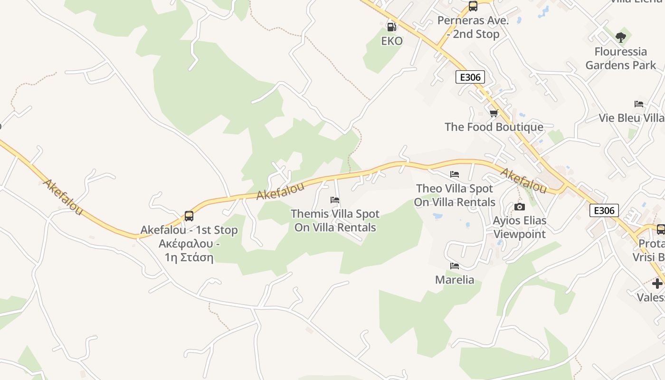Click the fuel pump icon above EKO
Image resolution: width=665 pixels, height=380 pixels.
[x=391, y=27]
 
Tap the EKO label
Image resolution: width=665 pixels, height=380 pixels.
[x=392, y=41]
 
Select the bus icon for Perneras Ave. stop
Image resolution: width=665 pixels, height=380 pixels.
[x=473, y=6]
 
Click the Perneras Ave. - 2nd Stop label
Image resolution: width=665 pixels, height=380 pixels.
[x=473, y=28]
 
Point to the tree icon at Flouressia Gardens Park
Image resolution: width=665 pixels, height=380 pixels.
[x=620, y=37]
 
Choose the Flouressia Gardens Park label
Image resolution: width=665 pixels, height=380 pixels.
[x=620, y=58]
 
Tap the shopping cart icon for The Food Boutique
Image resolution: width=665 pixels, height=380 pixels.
[x=494, y=113]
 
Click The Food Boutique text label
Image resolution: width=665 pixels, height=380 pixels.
[x=494, y=127]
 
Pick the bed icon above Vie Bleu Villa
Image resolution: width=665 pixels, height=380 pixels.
[x=639, y=104]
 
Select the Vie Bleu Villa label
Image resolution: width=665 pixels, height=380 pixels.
[x=631, y=118]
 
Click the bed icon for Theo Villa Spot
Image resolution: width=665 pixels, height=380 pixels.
[x=455, y=174]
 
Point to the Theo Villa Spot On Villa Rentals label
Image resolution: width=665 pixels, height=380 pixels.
[x=455, y=195]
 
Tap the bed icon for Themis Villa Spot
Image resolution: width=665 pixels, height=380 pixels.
[x=335, y=200]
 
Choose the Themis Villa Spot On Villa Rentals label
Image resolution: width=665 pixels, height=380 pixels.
[x=335, y=220]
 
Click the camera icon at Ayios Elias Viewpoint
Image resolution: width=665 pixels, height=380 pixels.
[x=520, y=207]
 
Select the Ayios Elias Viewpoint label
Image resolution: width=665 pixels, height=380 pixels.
[x=520, y=227]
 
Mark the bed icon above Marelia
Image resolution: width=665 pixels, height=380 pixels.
[x=455, y=266]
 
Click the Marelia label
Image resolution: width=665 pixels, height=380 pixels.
[x=455, y=279]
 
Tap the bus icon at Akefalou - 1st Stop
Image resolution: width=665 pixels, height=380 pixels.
[x=189, y=216]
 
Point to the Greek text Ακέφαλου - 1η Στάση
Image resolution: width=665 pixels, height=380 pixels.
[x=189, y=251]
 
